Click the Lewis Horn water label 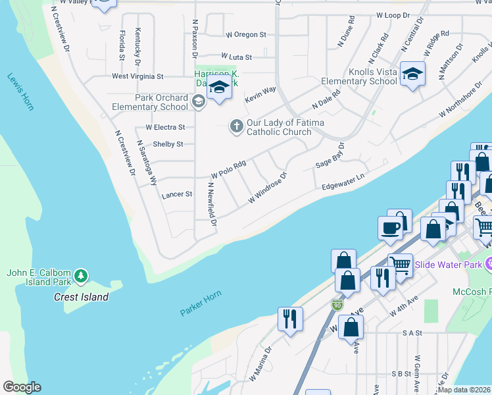pos(20,92)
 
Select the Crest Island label pos(81,297)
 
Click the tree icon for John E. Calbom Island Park pos(80,275)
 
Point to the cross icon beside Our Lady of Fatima pos(236,125)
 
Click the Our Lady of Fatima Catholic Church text pos(278,127)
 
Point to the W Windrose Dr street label pos(267,188)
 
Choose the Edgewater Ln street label pos(343,183)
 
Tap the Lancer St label pos(176,195)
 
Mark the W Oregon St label pos(245,34)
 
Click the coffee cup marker pos(390,228)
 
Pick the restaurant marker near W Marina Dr pos(289,319)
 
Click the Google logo pos(22,387)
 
